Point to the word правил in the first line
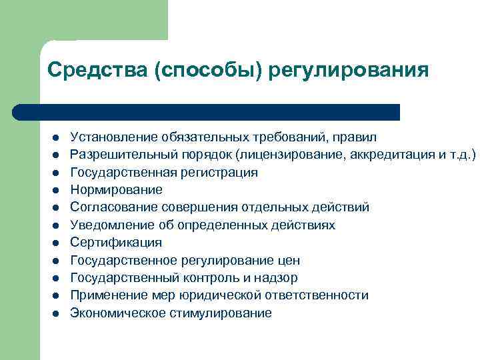tap(358, 137)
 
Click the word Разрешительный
tap(119, 155)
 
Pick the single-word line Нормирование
tap(107, 190)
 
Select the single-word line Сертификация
tap(107, 243)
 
